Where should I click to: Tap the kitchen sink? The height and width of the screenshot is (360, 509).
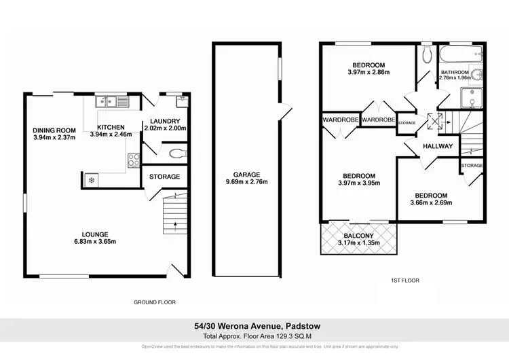[x=113, y=103]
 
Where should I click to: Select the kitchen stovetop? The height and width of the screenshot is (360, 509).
[x=134, y=161]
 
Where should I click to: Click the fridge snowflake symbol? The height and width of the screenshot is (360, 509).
[x=91, y=180]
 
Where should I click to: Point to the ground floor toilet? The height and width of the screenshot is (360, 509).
[x=178, y=154]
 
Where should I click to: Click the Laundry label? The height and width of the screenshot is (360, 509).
[x=165, y=123]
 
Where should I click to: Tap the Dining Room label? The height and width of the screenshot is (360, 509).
[x=55, y=130]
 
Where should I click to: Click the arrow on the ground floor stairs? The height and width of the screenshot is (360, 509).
[x=175, y=223]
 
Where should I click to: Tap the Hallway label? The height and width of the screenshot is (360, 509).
[x=438, y=146]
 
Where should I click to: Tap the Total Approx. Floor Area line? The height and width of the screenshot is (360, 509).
[x=254, y=336]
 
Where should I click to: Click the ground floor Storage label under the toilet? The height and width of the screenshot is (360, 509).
[x=165, y=177]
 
